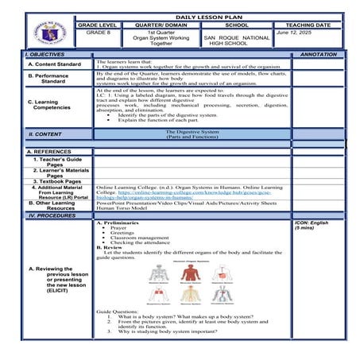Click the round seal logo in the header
click(50, 32)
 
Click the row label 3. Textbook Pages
click(57, 181)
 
